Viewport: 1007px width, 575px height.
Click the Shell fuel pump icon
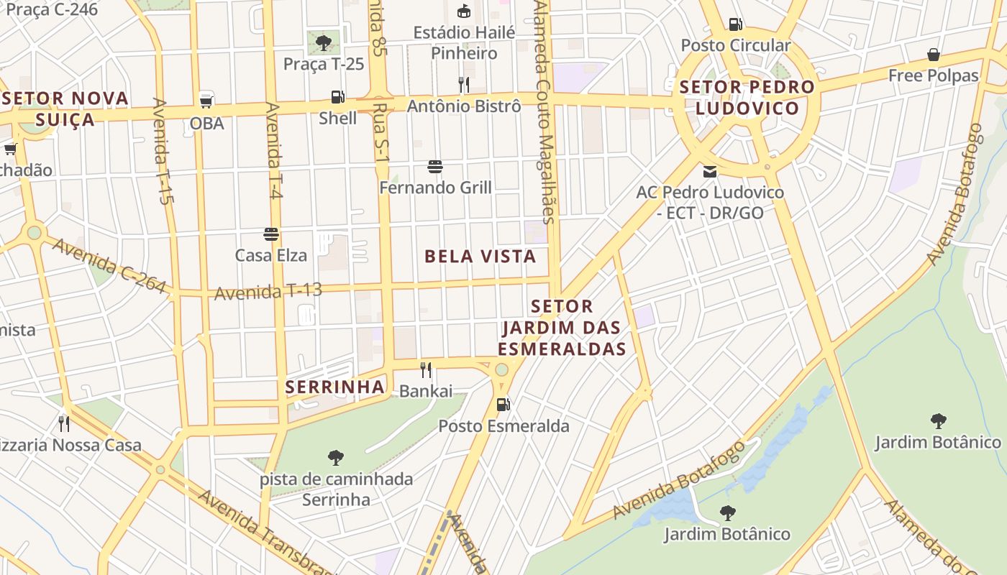point(337,97)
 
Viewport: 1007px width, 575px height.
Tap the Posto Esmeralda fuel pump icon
point(503,405)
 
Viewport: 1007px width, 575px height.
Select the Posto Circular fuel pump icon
point(735,24)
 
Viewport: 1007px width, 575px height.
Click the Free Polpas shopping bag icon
point(934,55)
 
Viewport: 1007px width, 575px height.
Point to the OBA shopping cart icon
point(206,101)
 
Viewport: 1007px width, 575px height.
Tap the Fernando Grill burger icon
point(434,167)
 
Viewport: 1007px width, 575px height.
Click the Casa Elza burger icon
point(271,234)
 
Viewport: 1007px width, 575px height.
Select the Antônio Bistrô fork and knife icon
point(464,85)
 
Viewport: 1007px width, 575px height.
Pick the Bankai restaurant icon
point(426,370)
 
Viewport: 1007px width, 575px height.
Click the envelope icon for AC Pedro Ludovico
point(710,172)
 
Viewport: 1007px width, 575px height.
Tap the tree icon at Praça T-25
point(324,42)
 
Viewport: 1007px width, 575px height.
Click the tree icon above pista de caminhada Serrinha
point(335,457)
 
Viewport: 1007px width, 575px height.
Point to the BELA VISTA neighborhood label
point(480,257)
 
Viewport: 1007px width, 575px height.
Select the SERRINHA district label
point(334,387)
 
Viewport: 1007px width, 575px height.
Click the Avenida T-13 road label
point(268,291)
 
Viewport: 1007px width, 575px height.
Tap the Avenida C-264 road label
point(109,265)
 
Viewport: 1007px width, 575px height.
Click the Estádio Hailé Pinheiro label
point(464,42)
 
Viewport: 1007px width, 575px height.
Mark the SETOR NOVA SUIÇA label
point(66,108)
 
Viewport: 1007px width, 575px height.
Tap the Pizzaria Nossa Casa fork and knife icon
point(64,423)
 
